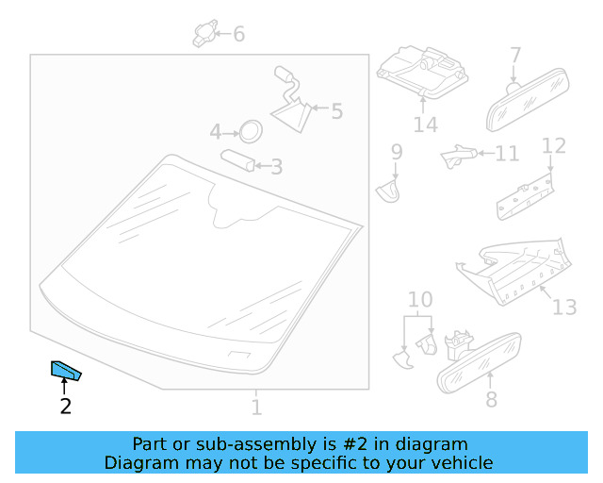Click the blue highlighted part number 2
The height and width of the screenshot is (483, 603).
tap(65, 371)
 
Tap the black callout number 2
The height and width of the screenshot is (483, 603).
tap(66, 407)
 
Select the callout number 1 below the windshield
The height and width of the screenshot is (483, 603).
tap(256, 408)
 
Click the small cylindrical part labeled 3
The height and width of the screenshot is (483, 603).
tap(237, 160)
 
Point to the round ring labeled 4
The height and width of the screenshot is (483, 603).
tap(251, 131)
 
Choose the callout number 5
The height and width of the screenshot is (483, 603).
tap(337, 111)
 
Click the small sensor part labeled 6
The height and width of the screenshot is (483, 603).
tap(205, 34)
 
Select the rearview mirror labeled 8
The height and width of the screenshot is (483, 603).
tap(479, 363)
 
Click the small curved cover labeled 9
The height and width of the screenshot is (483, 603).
tap(388, 192)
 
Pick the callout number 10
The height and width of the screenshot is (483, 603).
tap(420, 299)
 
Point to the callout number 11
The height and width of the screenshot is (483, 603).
tap(507, 154)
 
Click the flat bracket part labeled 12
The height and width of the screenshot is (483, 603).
tap(526, 197)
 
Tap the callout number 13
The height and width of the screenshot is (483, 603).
tap(564, 308)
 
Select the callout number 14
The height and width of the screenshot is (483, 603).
tap(426, 125)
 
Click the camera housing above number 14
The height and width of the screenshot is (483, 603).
tap(422, 72)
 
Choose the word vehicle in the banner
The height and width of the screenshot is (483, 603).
tap(464, 462)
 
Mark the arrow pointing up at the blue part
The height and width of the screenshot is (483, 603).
tap(64, 386)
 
